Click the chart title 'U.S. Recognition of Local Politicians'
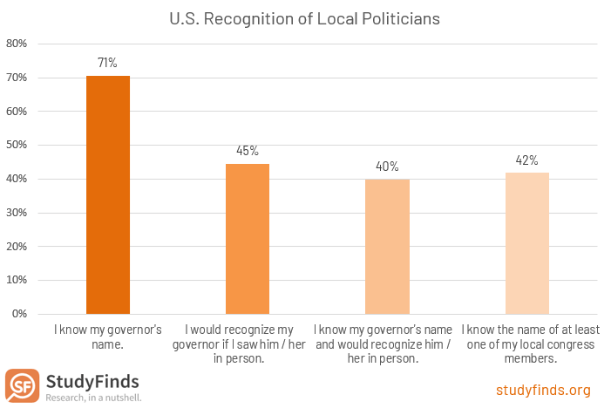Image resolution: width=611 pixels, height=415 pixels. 305,17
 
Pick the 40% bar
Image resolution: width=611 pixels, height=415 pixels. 387,246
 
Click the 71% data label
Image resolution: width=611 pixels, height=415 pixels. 108,63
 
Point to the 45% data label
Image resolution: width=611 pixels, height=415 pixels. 248,151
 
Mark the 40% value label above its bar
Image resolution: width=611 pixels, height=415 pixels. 387,167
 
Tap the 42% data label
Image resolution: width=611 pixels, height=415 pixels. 526,160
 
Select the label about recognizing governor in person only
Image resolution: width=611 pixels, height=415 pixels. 248,344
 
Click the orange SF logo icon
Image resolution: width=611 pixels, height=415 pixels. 22,385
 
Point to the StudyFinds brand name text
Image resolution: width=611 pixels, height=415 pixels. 92,381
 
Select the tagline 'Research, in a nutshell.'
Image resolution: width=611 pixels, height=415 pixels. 92,398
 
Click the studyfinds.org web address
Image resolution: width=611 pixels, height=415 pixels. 543,390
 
